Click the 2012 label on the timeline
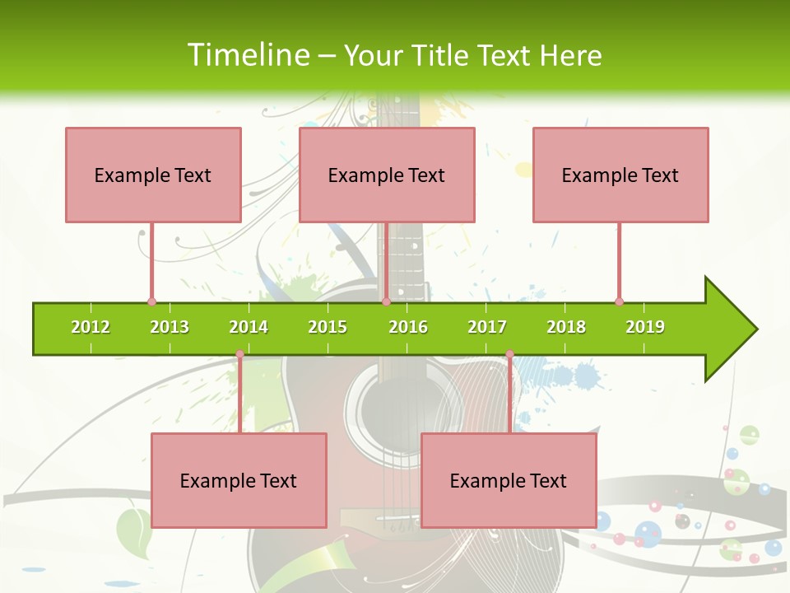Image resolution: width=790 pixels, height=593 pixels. click(91, 327)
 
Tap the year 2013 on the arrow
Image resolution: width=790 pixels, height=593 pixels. click(170, 327)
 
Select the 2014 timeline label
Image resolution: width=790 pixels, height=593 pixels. click(249, 327)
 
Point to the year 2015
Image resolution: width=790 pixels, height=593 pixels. click(328, 327)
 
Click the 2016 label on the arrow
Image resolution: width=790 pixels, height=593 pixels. click(408, 327)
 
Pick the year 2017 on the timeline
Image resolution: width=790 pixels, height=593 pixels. click(487, 327)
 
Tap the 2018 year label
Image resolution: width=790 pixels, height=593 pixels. click(566, 327)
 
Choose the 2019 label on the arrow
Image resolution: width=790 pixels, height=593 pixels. click(645, 327)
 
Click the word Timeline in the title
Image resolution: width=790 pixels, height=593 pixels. click(248, 55)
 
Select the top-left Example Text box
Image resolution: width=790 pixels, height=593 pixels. click(153, 175)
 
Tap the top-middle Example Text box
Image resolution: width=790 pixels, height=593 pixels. click(387, 175)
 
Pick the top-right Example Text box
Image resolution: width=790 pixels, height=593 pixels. click(620, 175)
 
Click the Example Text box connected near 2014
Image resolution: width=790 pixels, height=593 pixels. click(239, 480)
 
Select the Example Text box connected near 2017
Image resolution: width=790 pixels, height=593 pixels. click(509, 480)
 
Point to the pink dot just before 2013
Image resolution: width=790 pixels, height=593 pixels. click(151, 301)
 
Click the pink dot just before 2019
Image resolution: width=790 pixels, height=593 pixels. click(619, 301)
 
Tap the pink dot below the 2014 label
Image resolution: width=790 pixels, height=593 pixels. click(239, 354)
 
